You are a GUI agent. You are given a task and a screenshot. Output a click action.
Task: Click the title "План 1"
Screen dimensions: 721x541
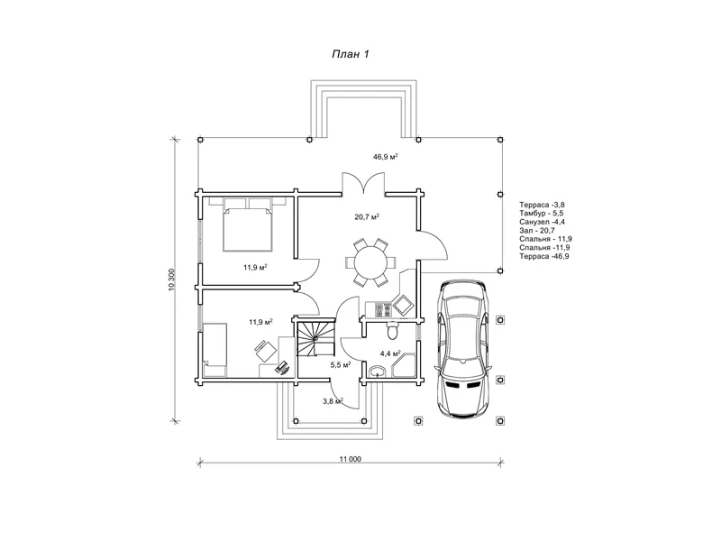(351, 54)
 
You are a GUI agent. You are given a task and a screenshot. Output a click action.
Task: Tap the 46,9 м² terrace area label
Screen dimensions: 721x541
(386, 157)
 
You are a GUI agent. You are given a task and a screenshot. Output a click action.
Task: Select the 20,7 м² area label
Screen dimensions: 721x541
(367, 216)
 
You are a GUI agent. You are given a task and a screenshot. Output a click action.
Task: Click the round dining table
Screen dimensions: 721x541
(370, 262)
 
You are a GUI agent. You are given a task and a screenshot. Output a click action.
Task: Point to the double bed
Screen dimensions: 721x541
(247, 224)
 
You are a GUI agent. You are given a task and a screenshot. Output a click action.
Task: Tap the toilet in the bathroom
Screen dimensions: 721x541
(393, 329)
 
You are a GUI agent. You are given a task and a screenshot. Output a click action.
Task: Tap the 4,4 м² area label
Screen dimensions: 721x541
(390, 353)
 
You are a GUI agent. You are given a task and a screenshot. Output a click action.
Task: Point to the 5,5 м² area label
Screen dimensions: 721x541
(341, 365)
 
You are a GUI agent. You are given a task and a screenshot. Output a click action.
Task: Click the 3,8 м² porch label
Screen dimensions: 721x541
(333, 401)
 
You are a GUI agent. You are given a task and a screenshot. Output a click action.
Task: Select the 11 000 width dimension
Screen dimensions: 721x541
(351, 459)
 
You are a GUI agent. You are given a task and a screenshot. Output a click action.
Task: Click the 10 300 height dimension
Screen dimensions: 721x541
(171, 280)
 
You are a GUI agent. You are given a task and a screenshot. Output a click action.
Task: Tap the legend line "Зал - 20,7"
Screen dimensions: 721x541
(537, 231)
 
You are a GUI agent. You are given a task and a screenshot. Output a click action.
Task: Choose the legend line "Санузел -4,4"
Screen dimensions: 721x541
(543, 222)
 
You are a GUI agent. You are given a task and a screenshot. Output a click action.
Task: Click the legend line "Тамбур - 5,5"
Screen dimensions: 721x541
(542, 214)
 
